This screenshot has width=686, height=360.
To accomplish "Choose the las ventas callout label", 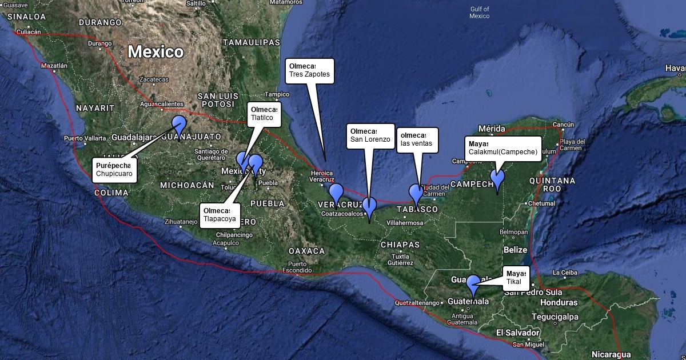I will pos(417,140).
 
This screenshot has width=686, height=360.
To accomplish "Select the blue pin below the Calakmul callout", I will pos(497,178).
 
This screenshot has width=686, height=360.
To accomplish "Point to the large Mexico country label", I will pos(155,52).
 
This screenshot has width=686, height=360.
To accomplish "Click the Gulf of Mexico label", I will pos(480,13).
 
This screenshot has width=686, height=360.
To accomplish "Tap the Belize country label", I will pos(515,250).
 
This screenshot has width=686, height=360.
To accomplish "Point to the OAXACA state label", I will pos(306,251).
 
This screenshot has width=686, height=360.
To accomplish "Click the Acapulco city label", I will pos(226,242).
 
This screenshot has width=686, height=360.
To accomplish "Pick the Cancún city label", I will pos(563,125).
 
